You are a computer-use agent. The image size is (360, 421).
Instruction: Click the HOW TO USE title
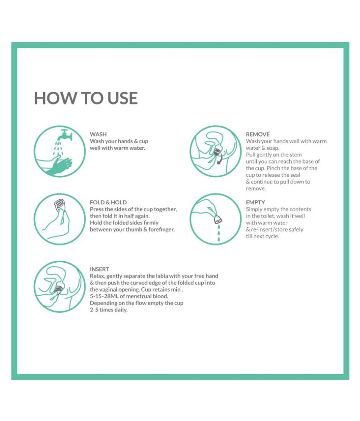86,98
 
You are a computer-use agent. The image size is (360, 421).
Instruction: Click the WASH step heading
98,134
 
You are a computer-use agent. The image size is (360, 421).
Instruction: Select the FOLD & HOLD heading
108,202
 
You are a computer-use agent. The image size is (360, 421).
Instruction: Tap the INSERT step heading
99,269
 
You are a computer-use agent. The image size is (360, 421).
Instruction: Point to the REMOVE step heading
258,134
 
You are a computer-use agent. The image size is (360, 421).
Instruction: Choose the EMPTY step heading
255,202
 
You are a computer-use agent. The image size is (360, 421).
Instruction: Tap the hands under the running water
58,166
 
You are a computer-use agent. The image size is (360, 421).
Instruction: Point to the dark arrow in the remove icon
220,159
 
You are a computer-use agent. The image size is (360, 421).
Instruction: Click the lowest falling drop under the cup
218,238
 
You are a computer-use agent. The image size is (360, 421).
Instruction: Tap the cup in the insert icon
58,289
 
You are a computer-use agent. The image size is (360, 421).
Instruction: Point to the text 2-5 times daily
108,310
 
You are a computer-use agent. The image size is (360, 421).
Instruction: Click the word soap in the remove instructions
272,148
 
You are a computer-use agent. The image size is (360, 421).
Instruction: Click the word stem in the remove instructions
296,155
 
